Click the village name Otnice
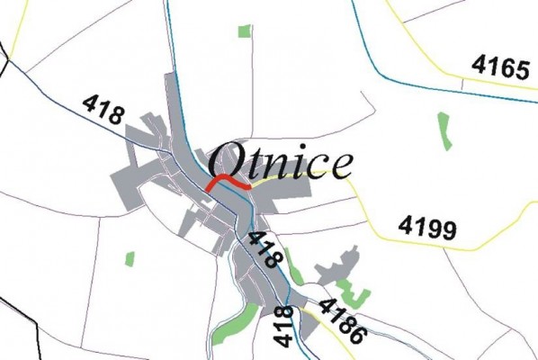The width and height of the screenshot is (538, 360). pyautogui.click(x=279, y=163)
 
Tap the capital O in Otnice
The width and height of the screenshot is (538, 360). pyautogui.click(x=227, y=163)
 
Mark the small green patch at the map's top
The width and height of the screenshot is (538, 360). pyautogui.click(x=243, y=31)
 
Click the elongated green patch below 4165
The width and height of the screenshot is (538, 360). pyautogui.click(x=443, y=130)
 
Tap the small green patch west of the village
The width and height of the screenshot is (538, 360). pyautogui.click(x=130, y=259)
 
